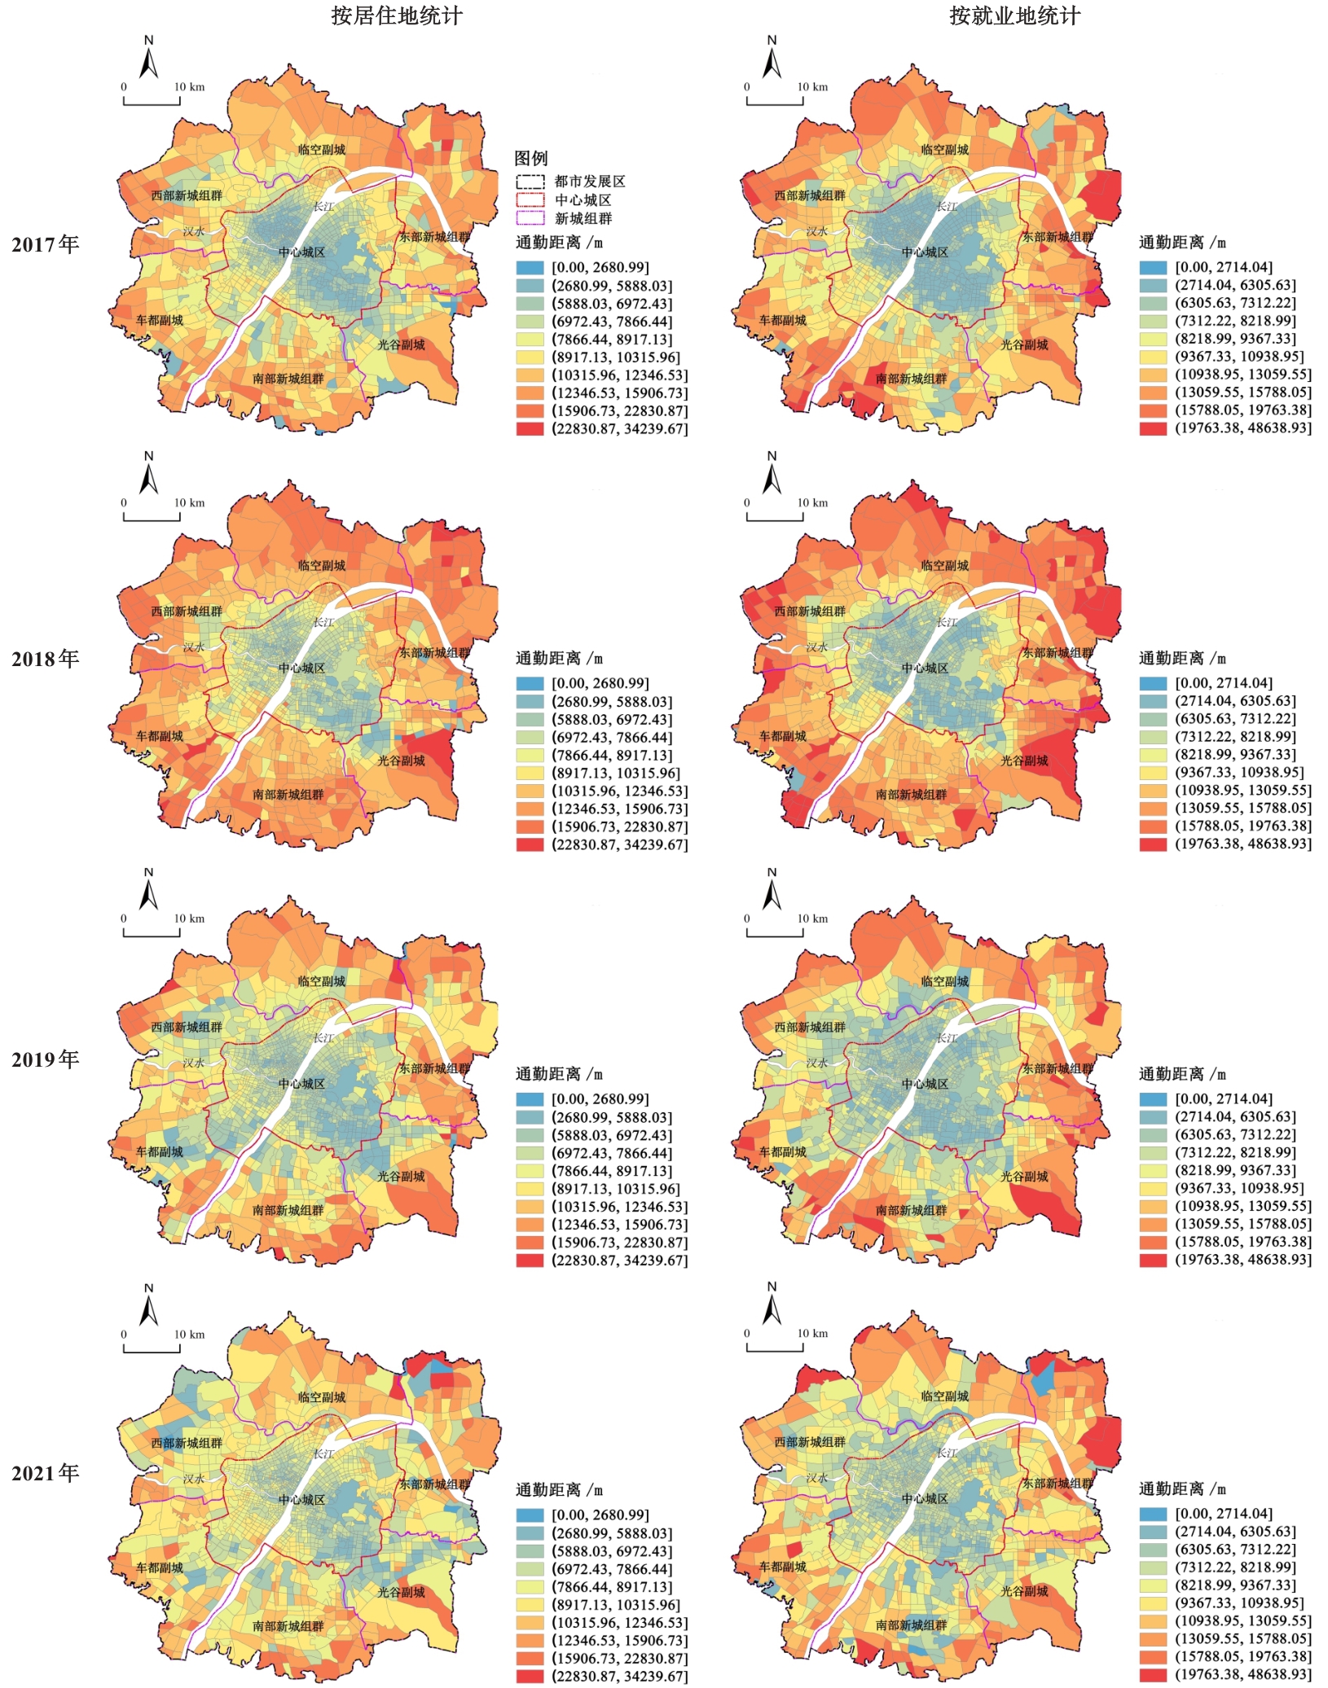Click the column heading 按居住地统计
pyautogui.click(x=397, y=16)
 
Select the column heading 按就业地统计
pyautogui.click(x=1014, y=16)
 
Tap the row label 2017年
pyautogui.click(x=46, y=244)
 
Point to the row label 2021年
pyautogui.click(x=46, y=1473)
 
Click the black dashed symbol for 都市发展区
pyautogui.click(x=530, y=181)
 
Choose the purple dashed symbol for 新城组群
pyautogui.click(x=530, y=218)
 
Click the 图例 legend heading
pyautogui.click(x=531, y=158)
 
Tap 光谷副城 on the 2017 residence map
pyautogui.click(x=401, y=344)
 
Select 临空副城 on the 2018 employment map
pyautogui.click(x=945, y=565)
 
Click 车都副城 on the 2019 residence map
pyautogui.click(x=160, y=1151)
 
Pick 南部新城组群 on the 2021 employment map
pyautogui.click(x=911, y=1624)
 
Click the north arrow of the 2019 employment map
pyautogui.click(x=772, y=890)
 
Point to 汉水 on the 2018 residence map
pyautogui.click(x=194, y=647)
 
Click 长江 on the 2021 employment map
pyautogui.click(x=947, y=1453)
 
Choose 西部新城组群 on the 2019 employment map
pyautogui.click(x=810, y=1027)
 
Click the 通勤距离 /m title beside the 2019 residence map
pyautogui.click(x=559, y=1074)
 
